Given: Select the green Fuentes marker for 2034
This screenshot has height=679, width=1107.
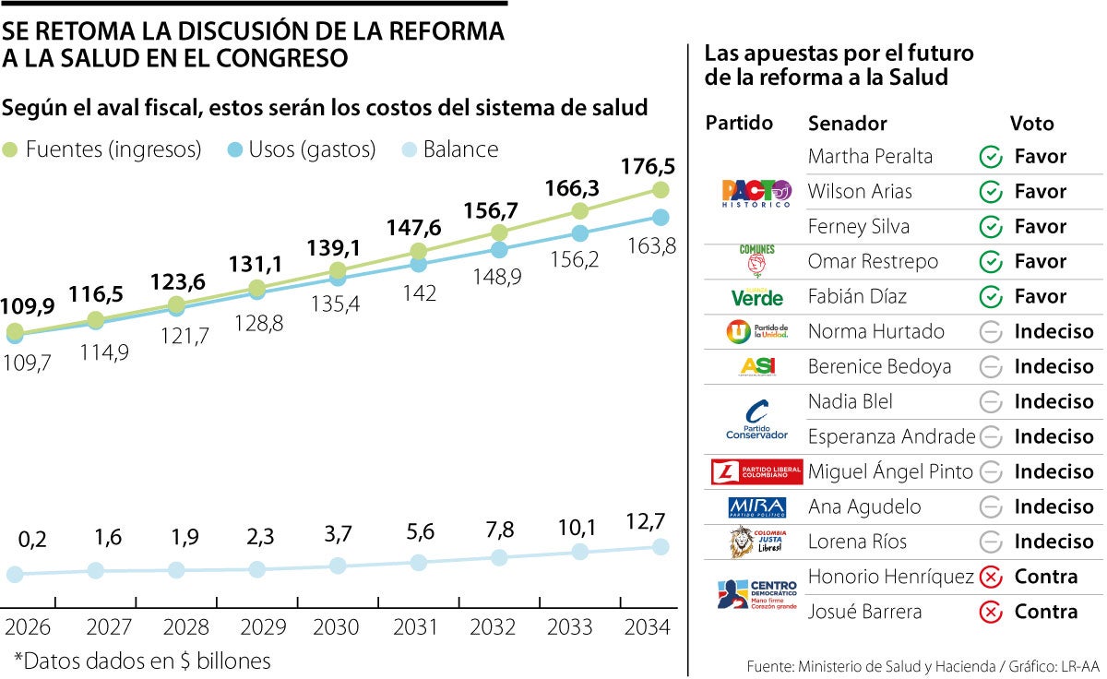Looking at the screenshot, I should (660, 190).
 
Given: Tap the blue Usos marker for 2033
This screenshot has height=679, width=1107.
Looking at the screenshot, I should (579, 234).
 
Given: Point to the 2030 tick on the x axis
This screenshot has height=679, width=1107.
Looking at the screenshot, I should (337, 628).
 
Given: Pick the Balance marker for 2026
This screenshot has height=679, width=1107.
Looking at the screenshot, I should (15, 575).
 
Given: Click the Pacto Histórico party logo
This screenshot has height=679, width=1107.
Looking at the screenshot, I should (756, 193).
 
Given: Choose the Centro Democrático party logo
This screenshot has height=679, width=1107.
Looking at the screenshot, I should (756, 593).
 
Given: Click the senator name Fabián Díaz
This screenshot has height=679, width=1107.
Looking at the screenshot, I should (857, 297).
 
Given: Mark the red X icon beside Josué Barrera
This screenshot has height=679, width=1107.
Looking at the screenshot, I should (990, 612).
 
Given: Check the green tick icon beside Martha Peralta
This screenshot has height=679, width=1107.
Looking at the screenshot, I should (990, 157).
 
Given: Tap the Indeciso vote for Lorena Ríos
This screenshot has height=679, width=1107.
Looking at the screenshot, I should (1053, 542).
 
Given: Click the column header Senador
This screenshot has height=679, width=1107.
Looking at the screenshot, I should (847, 124).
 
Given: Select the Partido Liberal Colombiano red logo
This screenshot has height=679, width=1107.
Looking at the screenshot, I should (756, 472).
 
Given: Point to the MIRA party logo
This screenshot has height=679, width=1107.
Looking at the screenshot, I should (756, 507).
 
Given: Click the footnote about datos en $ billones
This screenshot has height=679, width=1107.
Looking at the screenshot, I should (142, 661).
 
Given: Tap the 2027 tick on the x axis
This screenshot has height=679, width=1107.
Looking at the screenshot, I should (109, 628).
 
